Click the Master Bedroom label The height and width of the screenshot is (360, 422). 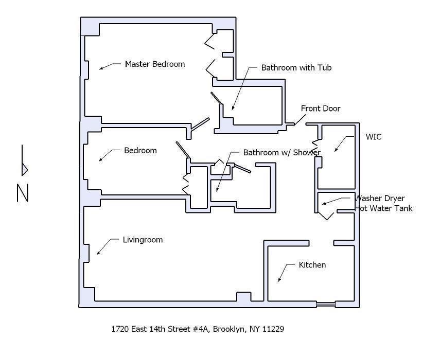(x=154, y=64)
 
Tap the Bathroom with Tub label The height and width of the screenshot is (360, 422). (x=296, y=67)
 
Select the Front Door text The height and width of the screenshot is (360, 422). (x=321, y=109)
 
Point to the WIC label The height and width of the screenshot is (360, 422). (x=373, y=137)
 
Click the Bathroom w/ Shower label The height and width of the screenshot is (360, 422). (x=282, y=153)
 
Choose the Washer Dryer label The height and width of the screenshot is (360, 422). (x=380, y=199)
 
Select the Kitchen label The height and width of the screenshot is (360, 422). (x=312, y=265)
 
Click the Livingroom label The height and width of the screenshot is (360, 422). (x=143, y=240)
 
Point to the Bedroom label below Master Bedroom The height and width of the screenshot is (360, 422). (x=140, y=151)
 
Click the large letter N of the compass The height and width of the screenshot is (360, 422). (x=23, y=193)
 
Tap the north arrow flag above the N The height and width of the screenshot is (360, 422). (x=24, y=169)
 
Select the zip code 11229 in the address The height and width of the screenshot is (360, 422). (x=273, y=329)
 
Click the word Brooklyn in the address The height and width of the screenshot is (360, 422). (x=228, y=329)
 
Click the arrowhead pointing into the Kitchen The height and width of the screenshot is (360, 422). (x=279, y=280)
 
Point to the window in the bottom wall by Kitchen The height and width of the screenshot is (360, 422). (x=326, y=305)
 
